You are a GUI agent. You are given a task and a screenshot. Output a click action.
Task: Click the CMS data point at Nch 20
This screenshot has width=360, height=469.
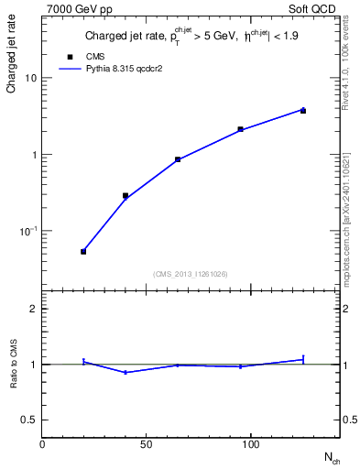(83, 251)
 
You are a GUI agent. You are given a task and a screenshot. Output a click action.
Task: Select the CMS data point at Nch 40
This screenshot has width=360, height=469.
(125, 195)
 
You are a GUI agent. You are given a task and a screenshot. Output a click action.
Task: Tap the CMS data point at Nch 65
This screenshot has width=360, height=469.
(178, 159)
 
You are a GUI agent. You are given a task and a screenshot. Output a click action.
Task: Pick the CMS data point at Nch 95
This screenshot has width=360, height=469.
(240, 129)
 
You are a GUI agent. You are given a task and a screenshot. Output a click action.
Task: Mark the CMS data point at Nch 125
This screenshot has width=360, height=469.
(303, 110)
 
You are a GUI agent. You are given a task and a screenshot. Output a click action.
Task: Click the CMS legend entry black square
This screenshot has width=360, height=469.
(71, 56)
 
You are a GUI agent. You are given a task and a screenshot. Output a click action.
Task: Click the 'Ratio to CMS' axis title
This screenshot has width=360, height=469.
(14, 364)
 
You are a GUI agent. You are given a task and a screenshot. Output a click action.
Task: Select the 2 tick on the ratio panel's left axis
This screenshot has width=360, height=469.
(34, 309)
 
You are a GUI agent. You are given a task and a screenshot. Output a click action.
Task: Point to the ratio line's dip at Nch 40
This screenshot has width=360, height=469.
(125, 372)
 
